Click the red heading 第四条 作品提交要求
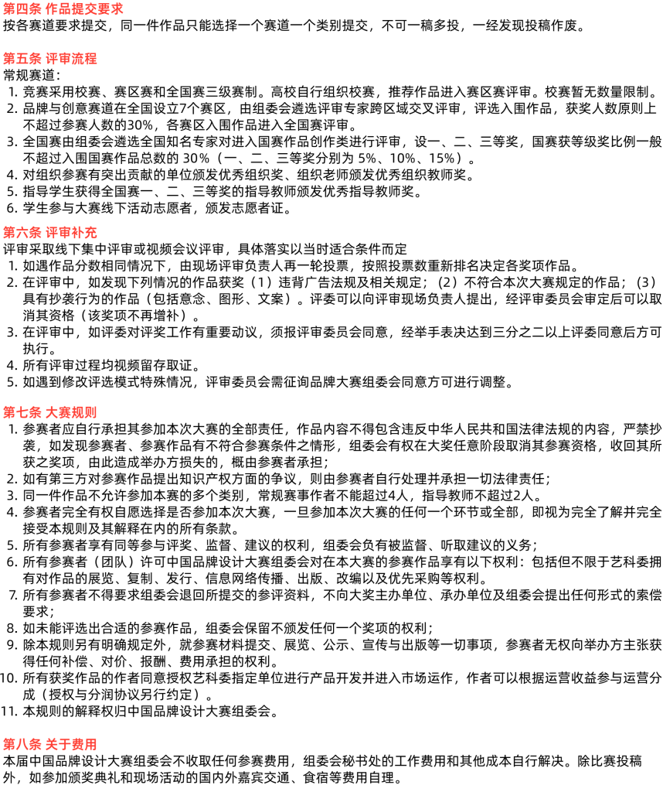coord(63,9)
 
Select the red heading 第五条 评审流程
coord(50,59)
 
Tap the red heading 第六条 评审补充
coord(50,232)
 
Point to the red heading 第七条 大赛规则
coord(50,412)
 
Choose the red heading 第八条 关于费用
coord(50,744)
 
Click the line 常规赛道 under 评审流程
coord(32,75)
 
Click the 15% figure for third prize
coord(442,158)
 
